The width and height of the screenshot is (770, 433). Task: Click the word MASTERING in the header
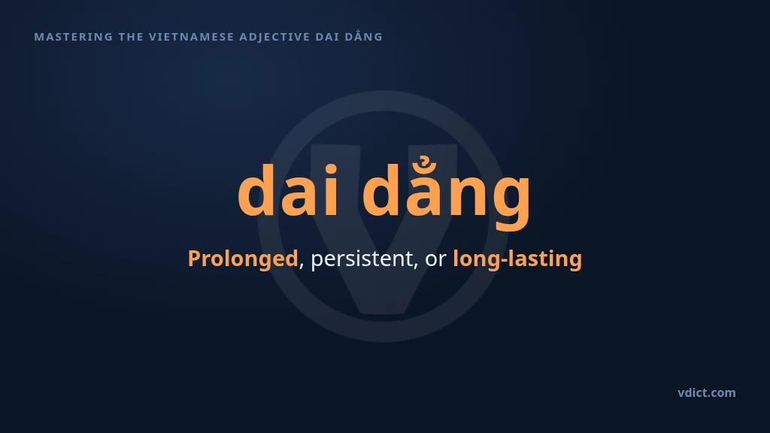pyautogui.click(x=74, y=37)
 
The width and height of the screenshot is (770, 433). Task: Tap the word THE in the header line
pyautogui.click(x=131, y=37)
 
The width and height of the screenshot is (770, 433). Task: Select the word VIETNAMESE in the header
pyautogui.click(x=192, y=37)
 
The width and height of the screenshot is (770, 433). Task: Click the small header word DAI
pyautogui.click(x=328, y=37)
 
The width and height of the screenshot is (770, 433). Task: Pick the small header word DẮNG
pyautogui.click(x=364, y=36)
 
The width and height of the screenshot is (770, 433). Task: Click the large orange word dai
pyautogui.click(x=288, y=190)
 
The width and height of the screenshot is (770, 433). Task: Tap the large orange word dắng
pyautogui.click(x=447, y=193)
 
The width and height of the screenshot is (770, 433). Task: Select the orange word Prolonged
pyautogui.click(x=243, y=259)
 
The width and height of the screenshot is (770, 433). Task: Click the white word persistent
pyautogui.click(x=362, y=259)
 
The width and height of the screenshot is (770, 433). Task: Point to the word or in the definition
pyautogui.click(x=435, y=260)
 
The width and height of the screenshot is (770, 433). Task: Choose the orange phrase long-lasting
pyautogui.click(x=517, y=259)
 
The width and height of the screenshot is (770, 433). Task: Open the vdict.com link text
pyautogui.click(x=707, y=392)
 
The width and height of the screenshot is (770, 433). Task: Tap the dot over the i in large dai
pyautogui.click(x=331, y=169)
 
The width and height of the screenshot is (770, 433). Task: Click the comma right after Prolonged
pyautogui.click(x=301, y=266)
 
